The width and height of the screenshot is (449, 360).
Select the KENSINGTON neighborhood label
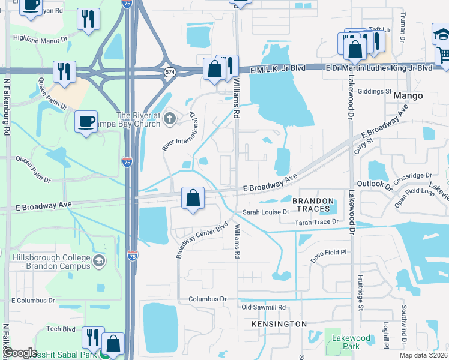(279, 324)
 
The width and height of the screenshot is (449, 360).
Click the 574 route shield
(170, 72)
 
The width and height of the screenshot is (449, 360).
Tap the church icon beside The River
(169, 118)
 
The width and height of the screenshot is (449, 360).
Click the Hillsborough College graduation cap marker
(99, 261)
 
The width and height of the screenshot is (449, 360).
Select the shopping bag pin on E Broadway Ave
(193, 197)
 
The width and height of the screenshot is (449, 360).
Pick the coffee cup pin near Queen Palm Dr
(86, 121)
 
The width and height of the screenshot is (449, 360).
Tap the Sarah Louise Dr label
(266, 212)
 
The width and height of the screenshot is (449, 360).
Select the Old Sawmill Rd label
(264, 307)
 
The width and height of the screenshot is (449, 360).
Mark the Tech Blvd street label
(61, 329)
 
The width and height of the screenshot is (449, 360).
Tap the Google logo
(20, 353)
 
